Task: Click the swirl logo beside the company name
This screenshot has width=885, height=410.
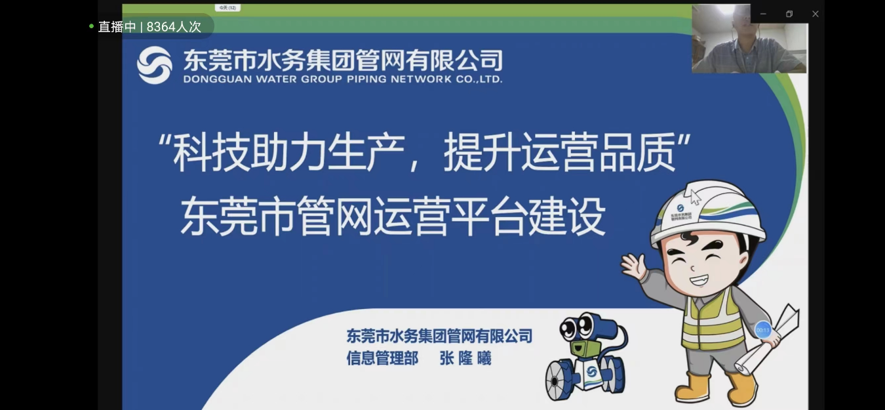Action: pyautogui.click(x=154, y=65)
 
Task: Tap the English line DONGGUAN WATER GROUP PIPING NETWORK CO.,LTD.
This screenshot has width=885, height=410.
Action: pyautogui.click(x=342, y=79)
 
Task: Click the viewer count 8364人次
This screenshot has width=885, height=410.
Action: pyautogui.click(x=174, y=27)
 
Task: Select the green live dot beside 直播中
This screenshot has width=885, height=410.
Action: pyautogui.click(x=92, y=26)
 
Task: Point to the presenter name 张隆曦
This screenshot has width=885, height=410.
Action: pyautogui.click(x=465, y=358)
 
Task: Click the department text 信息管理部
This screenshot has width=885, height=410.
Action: pyautogui.click(x=382, y=358)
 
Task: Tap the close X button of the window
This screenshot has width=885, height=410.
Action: pyautogui.click(x=815, y=14)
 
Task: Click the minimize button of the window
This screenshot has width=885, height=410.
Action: pyautogui.click(x=763, y=14)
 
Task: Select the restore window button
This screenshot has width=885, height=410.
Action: pyautogui.click(x=789, y=14)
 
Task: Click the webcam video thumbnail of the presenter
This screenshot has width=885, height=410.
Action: pyautogui.click(x=749, y=39)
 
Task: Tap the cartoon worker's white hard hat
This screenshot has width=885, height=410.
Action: pyautogui.click(x=708, y=213)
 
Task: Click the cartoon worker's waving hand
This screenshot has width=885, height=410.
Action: pyautogui.click(x=633, y=266)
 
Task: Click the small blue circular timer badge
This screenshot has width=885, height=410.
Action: pyautogui.click(x=762, y=329)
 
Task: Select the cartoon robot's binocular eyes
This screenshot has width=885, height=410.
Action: pyautogui.click(x=581, y=326)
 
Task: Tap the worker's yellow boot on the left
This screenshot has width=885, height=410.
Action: pyautogui.click(x=692, y=387)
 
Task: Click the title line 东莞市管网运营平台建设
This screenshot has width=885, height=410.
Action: pyautogui.click(x=392, y=217)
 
